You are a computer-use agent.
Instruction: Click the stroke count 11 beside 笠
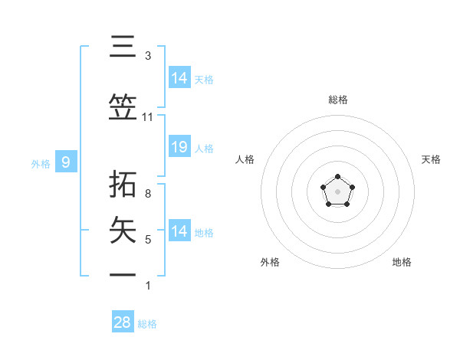tap(147, 117)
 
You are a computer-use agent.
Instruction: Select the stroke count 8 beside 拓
tap(147, 194)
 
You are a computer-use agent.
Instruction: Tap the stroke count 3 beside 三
tap(147, 56)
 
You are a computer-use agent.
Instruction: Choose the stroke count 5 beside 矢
tap(147, 240)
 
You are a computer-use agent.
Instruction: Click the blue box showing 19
tap(179, 147)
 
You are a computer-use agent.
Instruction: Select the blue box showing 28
tap(123, 322)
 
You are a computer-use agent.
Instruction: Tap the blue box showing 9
tap(66, 162)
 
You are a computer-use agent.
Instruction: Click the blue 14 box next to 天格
tap(179, 78)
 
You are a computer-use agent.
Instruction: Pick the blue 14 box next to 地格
tap(179, 231)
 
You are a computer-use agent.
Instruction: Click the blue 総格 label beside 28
tap(147, 324)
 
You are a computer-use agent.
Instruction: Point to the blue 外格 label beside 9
tap(41, 163)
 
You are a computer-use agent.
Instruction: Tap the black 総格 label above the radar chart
tap(338, 100)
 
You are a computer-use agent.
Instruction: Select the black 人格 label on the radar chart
tap(245, 159)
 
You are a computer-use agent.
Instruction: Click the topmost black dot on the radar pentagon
tap(338, 178)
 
